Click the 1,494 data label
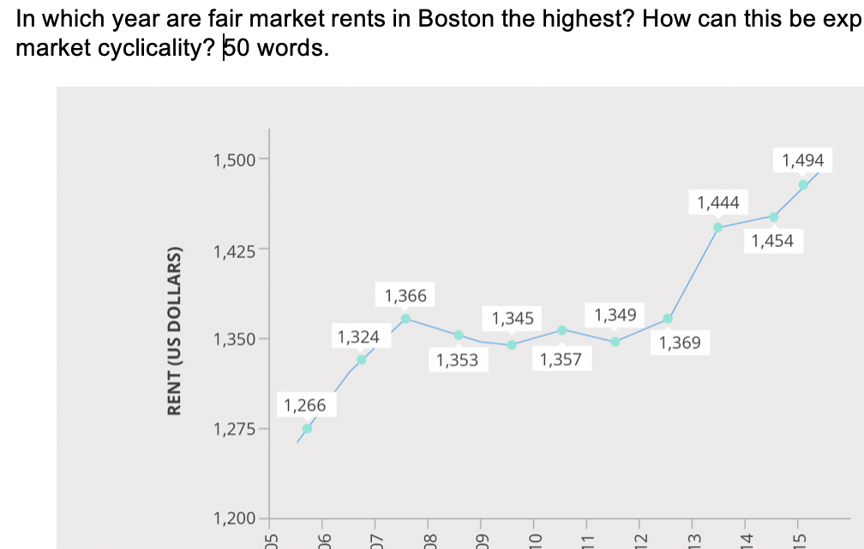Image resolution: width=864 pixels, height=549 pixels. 803,160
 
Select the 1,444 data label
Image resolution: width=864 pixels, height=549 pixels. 718,202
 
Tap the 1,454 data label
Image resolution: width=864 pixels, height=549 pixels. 772,241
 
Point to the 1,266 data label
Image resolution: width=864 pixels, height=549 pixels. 305,405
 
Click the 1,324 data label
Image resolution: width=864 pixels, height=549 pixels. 358,336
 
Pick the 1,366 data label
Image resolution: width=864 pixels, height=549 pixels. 405,296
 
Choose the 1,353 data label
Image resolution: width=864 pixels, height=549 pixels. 457,360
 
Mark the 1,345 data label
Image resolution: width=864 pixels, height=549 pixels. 513,319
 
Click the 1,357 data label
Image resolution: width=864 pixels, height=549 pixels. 561,360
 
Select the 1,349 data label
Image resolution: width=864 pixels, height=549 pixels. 615,315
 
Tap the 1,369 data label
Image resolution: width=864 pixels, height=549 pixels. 680,343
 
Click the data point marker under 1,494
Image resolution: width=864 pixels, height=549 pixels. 803,184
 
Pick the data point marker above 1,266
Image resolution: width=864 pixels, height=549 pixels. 307,428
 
